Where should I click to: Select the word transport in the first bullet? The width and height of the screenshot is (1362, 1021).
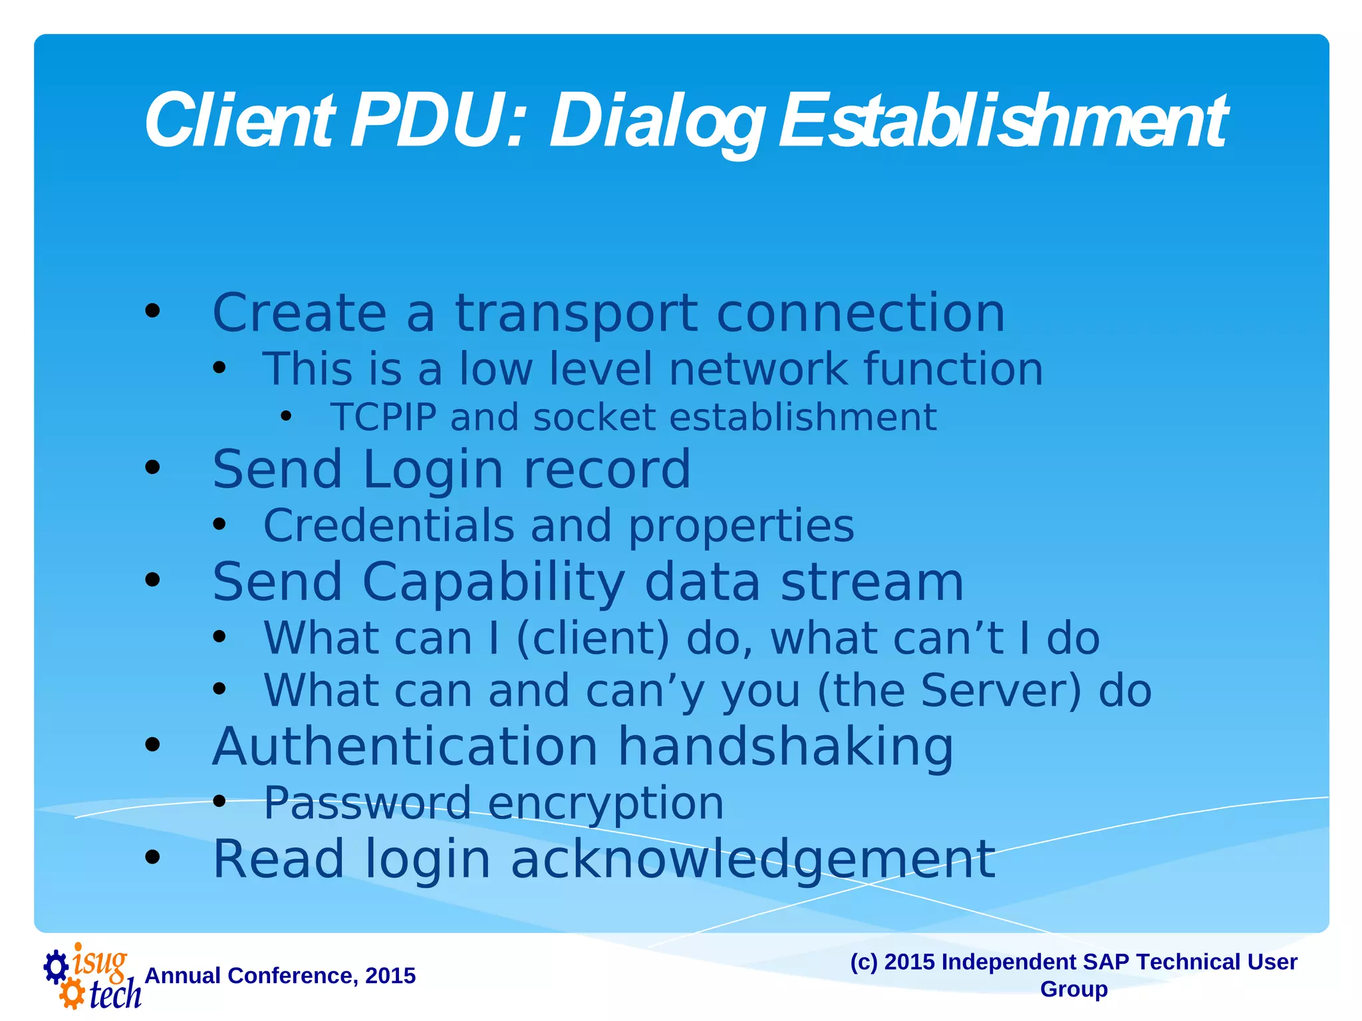(576, 314)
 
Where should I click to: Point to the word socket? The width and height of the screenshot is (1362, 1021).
(593, 417)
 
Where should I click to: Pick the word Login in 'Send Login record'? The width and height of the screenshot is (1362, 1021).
(434, 470)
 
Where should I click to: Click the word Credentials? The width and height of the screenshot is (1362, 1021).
(389, 526)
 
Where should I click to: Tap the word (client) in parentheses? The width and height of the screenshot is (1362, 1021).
(593, 639)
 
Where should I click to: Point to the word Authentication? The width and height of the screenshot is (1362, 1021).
(406, 747)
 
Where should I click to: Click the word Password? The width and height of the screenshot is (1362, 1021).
(368, 803)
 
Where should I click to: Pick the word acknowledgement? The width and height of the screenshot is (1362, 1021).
(753, 860)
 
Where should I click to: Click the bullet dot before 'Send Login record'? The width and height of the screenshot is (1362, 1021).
(152, 468)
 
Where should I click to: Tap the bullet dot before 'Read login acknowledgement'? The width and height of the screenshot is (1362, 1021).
(152, 857)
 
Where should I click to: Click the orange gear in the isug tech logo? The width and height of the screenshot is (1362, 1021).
(72, 994)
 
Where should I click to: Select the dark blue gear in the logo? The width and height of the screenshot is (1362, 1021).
(56, 966)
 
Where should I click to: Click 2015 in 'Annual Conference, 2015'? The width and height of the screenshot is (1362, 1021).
(390, 976)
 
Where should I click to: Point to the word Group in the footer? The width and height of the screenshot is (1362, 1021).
(1073, 989)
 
